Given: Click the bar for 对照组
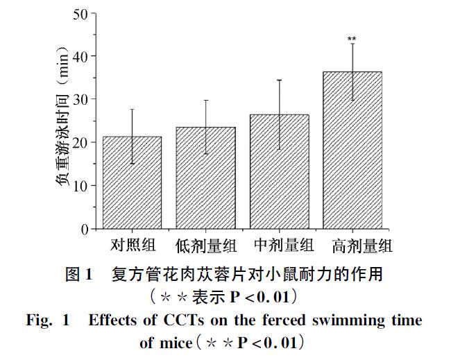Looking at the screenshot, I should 132,183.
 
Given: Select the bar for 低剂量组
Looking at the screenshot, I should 205,178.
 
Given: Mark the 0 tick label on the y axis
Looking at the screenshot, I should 84,229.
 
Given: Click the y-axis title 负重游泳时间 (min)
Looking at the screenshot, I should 62,121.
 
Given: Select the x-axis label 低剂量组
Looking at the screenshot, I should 205,246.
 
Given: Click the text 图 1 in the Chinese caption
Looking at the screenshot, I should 78,275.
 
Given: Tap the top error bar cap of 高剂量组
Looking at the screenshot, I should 352,44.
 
